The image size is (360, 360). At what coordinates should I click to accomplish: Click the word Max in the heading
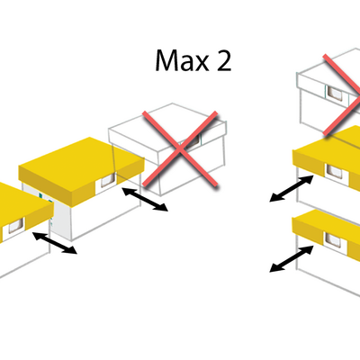[x=182, y=60]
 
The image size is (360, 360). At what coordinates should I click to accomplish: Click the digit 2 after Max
[x=224, y=60]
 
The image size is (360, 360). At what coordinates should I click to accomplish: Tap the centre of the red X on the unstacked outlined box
[x=180, y=149]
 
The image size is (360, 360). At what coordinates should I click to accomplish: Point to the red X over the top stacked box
[x=342, y=94]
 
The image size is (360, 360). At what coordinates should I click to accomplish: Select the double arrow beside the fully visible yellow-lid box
[x=145, y=200]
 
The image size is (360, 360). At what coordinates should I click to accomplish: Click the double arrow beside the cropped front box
[x=55, y=243]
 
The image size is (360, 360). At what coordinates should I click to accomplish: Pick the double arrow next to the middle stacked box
[x=292, y=188]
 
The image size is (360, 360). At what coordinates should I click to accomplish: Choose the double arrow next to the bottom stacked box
[x=292, y=259]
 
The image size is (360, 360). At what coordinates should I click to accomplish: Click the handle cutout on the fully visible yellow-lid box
[x=107, y=181]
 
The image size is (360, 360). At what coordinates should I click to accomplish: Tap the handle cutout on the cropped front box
[x=16, y=226]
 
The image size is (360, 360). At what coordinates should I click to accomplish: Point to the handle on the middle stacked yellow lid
[x=334, y=172]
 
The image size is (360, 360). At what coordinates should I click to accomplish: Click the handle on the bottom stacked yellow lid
[x=333, y=240]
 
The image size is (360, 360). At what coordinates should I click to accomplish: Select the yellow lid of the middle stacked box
[x=326, y=159]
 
